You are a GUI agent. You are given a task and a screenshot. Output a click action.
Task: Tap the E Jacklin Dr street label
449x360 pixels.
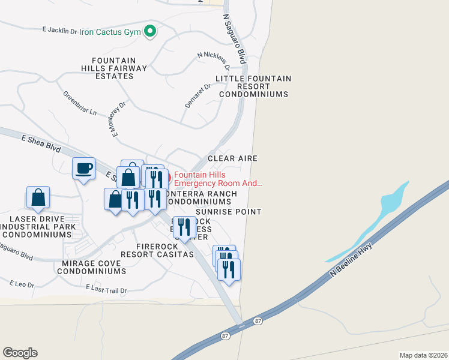pyautogui.click(x=61, y=29)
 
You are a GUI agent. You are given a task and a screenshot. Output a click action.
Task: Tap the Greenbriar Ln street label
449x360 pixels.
pyautogui.click(x=80, y=103)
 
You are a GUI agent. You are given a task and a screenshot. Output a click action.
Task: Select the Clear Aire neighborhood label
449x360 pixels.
pyautogui.click(x=232, y=158)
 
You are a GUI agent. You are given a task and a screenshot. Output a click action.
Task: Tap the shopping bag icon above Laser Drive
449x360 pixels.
pyautogui.click(x=38, y=197)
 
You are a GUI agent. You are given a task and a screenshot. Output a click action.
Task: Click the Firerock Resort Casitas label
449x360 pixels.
pyautogui.click(x=157, y=250)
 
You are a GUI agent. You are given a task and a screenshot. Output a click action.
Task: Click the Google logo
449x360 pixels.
pyautogui.click(x=20, y=353)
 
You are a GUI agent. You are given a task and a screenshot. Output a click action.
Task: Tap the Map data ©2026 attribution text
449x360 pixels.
pyautogui.click(x=423, y=355)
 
